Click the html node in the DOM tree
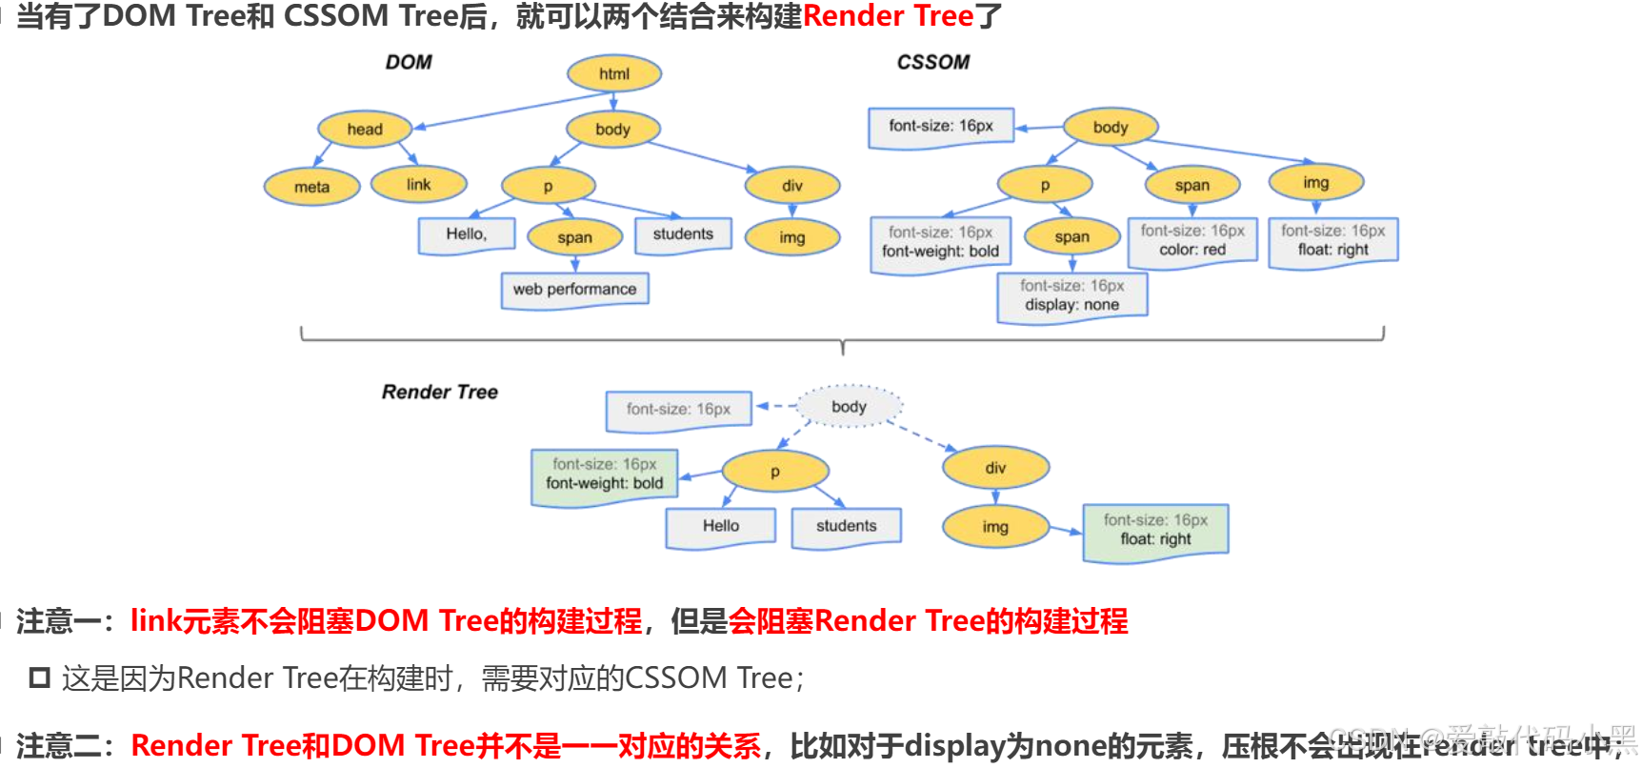point(613,73)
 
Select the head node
point(365,129)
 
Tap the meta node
point(311,187)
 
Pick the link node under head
point(418,184)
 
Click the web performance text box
point(574,289)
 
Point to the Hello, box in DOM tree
point(466,234)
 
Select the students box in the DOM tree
point(682,234)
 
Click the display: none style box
point(1071,296)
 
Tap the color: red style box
point(1192,241)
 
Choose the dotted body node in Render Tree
point(849,407)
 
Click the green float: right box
point(1155,531)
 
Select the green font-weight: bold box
point(604,475)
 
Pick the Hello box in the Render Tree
point(720,526)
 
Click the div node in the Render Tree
point(995,468)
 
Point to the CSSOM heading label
point(932,62)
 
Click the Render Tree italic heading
point(439,392)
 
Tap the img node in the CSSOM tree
point(1315,182)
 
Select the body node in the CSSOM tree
point(1110,127)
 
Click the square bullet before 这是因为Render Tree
point(39,678)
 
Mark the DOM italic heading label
point(409,62)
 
